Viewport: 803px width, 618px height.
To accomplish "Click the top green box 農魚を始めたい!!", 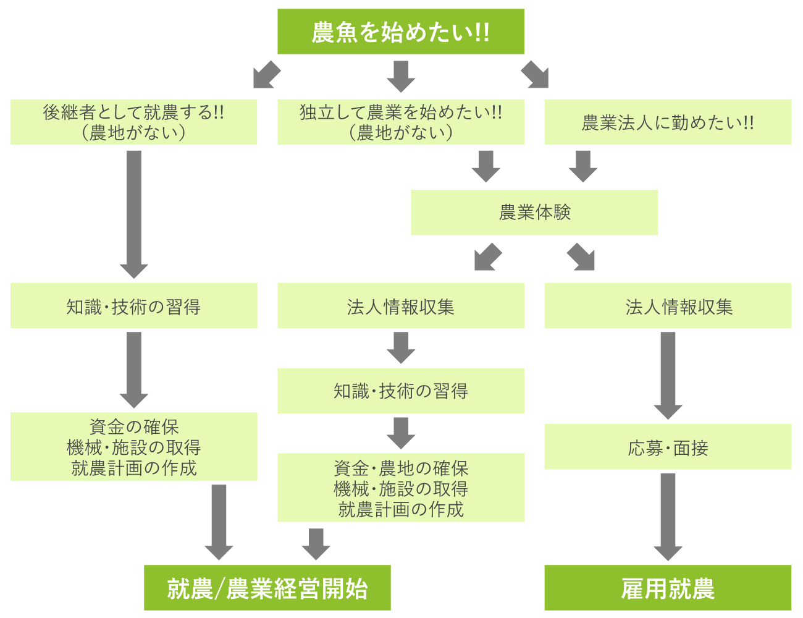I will [x=400, y=32].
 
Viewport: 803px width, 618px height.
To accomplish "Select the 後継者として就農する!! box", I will [x=133, y=122].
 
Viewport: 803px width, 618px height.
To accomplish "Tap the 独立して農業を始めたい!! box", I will [x=400, y=122].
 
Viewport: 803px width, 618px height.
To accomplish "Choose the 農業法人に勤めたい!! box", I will [x=667, y=122].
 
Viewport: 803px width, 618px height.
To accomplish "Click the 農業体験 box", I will [x=534, y=212].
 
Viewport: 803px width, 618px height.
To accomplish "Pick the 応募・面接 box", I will [x=667, y=447].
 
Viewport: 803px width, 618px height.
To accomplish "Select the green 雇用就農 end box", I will [x=667, y=588].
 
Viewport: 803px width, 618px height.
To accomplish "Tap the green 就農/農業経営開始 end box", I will [x=267, y=588].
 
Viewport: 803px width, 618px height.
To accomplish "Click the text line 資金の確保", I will [x=133, y=426].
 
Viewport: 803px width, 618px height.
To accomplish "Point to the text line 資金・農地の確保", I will [x=400, y=468].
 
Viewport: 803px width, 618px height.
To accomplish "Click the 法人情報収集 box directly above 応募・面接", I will [x=667, y=306].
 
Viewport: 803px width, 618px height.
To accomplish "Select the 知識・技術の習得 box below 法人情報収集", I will [x=400, y=391].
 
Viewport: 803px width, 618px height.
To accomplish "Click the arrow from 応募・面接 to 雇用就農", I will [x=668, y=516].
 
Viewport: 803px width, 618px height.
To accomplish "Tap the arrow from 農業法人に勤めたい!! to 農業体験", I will [x=583, y=166].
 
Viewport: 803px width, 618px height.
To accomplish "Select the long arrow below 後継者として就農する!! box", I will [x=133, y=213].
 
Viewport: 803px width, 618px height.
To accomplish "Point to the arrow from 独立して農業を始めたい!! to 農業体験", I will [x=486, y=166].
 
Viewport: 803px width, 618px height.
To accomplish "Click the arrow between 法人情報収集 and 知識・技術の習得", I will [x=401, y=347].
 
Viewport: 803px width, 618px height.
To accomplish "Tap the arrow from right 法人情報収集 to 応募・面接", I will [x=668, y=375].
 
